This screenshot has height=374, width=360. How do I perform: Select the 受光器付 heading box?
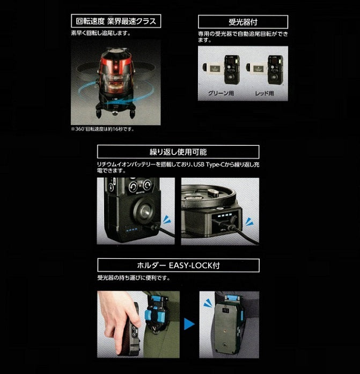click(x=243, y=23)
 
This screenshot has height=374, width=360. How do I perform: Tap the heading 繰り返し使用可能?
click(x=178, y=152)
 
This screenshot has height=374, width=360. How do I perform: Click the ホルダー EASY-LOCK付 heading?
click(x=178, y=265)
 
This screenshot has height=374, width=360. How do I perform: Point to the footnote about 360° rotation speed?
click(x=101, y=129)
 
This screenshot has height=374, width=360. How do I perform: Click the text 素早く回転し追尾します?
click(x=100, y=33)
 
